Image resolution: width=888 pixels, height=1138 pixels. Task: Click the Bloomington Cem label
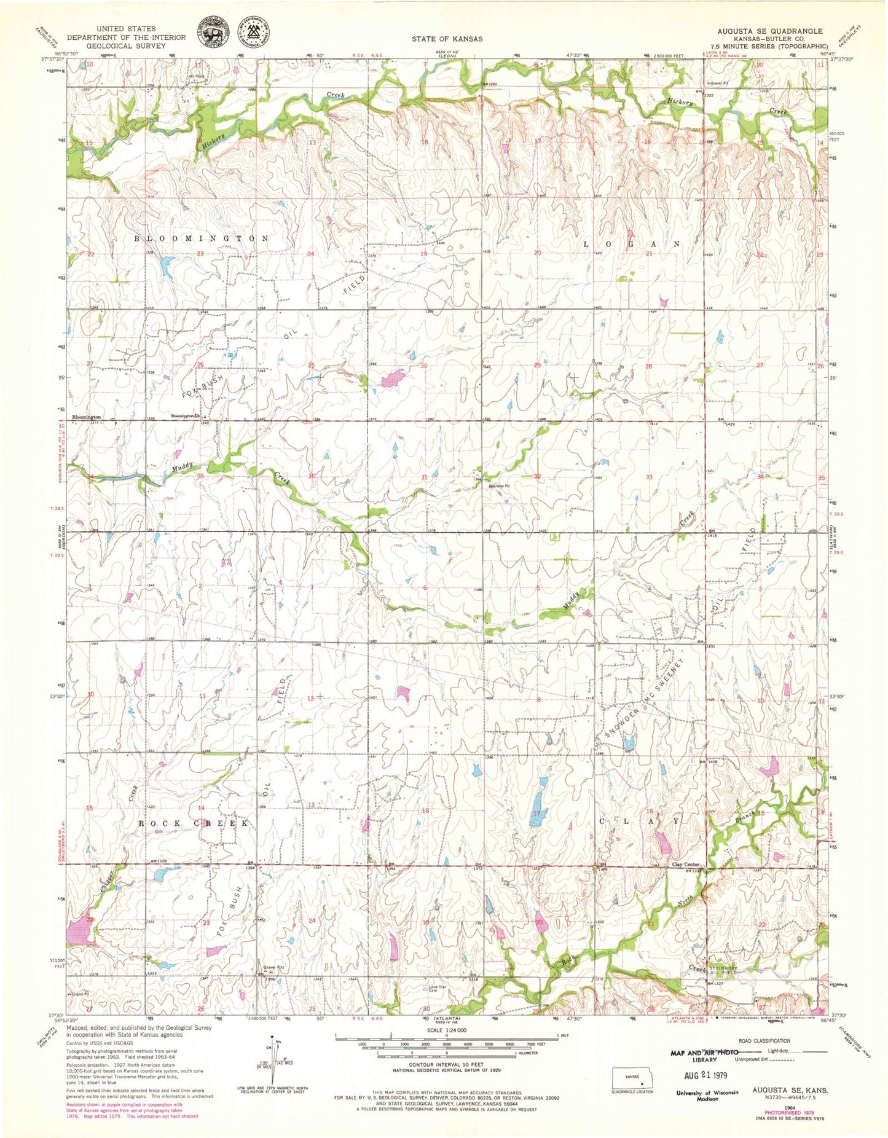click(187, 416)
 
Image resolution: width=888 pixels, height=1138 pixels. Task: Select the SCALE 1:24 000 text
click(446, 1030)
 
